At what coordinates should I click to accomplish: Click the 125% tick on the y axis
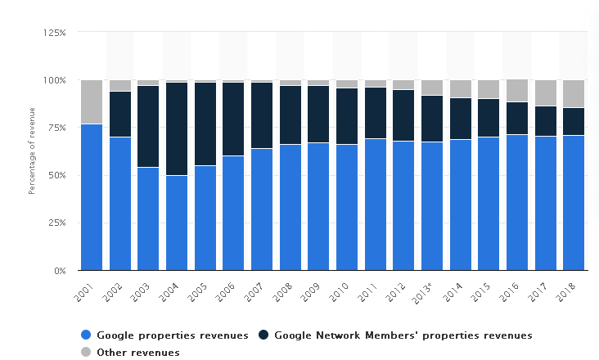[55, 33]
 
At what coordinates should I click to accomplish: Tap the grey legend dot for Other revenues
[86, 353]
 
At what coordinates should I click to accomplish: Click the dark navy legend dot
[263, 335]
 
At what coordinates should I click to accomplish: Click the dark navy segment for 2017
[546, 121]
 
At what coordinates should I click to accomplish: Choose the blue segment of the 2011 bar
[376, 205]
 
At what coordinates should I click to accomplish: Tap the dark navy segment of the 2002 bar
[120, 114]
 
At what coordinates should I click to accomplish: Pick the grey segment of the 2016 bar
[517, 91]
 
